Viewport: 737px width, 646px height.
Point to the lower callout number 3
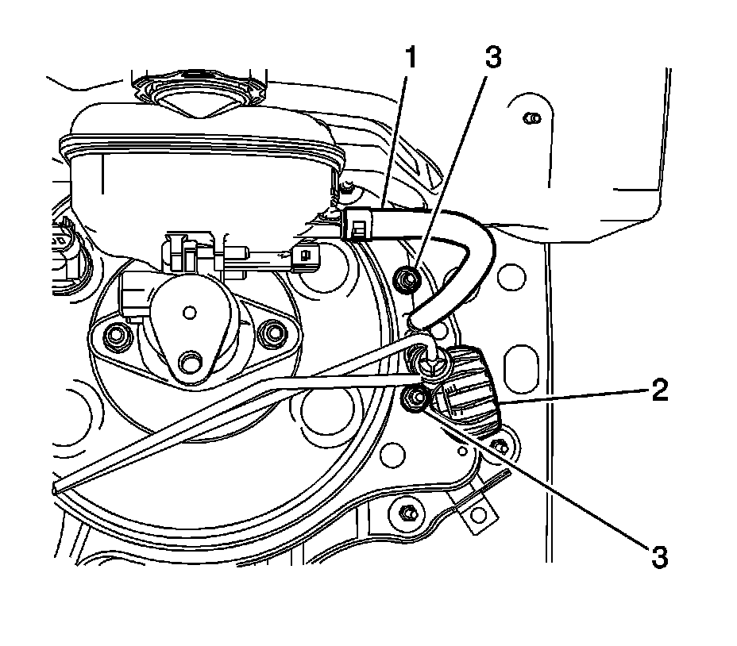(x=659, y=555)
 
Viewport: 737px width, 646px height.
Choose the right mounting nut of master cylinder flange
(x=275, y=333)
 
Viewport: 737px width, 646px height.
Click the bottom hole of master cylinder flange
(x=191, y=363)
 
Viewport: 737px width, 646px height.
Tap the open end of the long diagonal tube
(x=56, y=490)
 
